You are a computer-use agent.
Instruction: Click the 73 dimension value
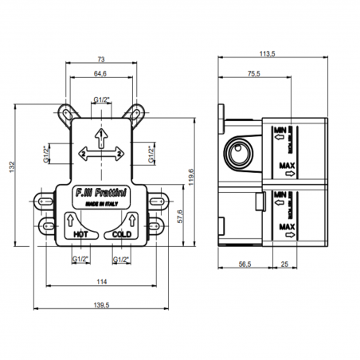[x=101, y=58]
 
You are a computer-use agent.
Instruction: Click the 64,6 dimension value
[x=101, y=74]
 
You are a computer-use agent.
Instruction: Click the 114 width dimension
[x=101, y=281]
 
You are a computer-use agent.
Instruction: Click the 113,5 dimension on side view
[x=268, y=55]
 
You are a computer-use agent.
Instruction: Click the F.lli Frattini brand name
[x=100, y=192]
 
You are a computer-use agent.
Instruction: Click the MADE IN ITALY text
[x=101, y=204]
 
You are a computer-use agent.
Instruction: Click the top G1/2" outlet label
[x=101, y=99]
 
